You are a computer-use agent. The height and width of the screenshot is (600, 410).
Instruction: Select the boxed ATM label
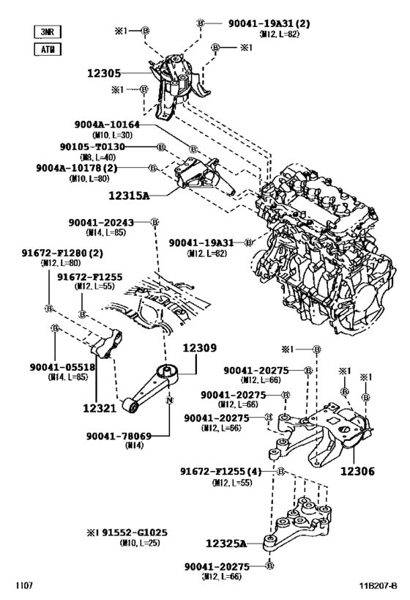coord(48,50)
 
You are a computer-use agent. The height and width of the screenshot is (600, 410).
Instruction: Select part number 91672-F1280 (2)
coord(61,253)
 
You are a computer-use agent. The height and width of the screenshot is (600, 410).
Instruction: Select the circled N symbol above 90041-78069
coord(169,401)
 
